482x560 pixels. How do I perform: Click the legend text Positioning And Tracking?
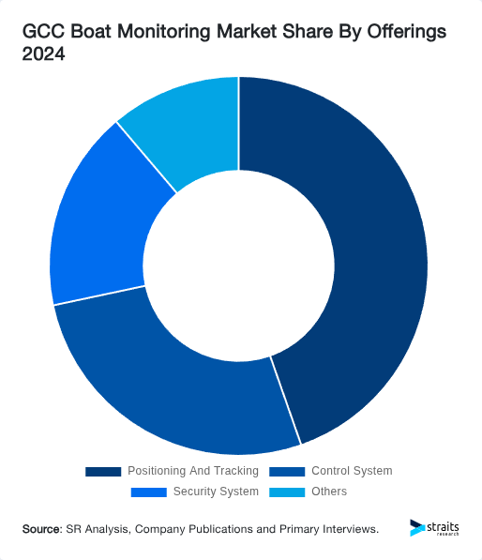[192, 471]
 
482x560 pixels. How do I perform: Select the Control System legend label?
[352, 471]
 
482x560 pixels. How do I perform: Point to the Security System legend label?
[215, 492]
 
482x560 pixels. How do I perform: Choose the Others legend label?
[328, 492]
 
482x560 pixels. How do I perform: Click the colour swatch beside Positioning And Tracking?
[103, 471]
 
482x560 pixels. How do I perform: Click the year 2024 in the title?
[44, 54]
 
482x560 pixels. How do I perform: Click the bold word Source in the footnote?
[41, 530]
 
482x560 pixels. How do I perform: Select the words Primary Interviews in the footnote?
[329, 530]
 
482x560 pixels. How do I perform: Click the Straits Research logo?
[435, 529]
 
